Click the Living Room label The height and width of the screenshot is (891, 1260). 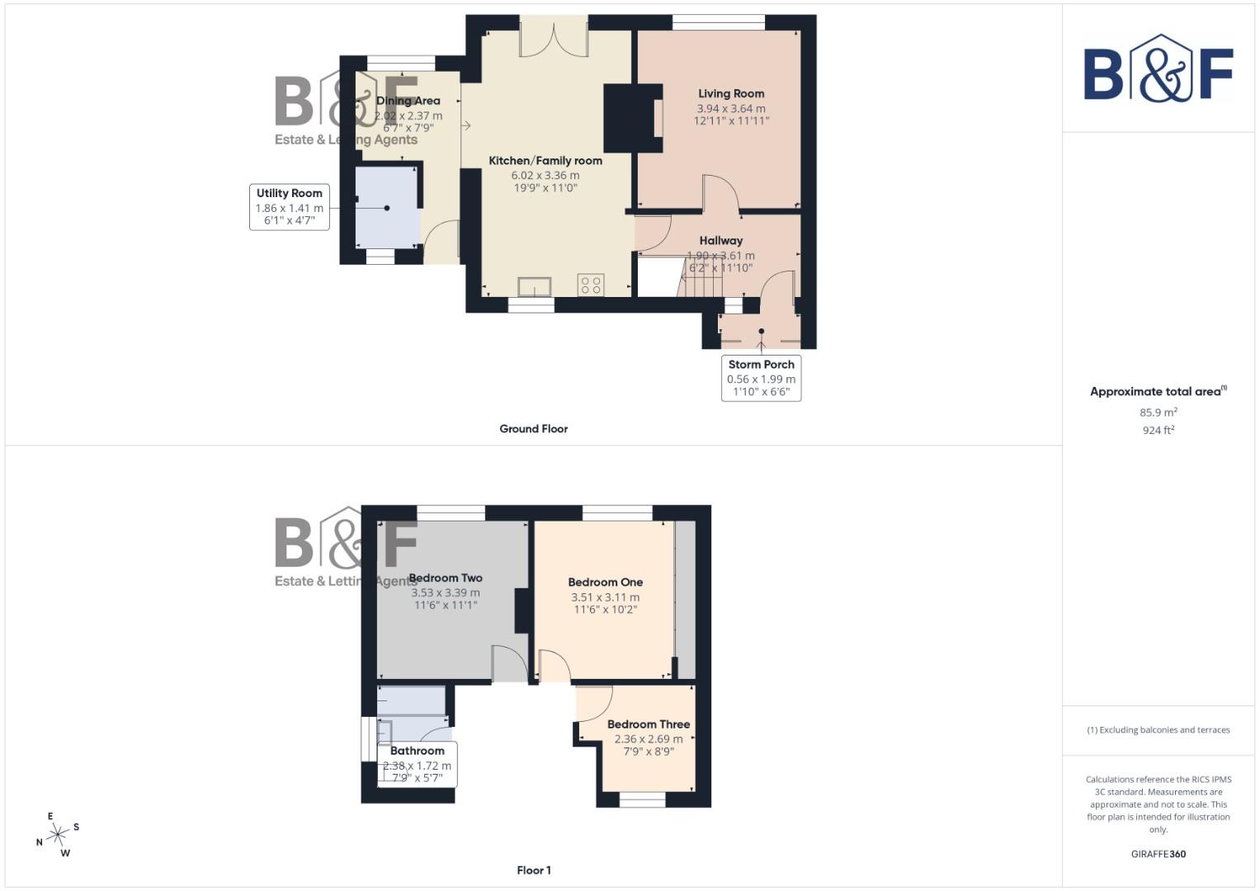pos(731,94)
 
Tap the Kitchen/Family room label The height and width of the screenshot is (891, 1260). pos(545,161)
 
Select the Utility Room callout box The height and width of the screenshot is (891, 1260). pos(290,207)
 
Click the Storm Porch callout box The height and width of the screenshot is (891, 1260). pos(761,378)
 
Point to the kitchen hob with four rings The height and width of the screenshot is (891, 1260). pos(591,285)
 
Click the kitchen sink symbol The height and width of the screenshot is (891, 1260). pos(535,286)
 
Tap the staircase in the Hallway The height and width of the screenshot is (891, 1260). pos(701,278)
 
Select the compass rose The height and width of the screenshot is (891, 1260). pos(57,835)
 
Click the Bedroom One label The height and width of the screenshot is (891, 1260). pos(605,582)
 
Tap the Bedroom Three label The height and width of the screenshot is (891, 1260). pos(649,724)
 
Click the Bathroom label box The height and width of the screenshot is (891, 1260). pos(418,764)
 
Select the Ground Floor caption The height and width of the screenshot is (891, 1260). pos(533,429)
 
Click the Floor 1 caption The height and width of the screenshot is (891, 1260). pos(533,870)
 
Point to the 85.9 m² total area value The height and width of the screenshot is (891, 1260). pos(1159,412)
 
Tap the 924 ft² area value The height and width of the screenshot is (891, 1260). pos(1159,431)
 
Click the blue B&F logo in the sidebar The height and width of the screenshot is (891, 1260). pos(1159,70)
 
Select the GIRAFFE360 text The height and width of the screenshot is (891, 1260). pos(1159,854)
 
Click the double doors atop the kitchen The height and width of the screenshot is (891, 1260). pos(554,37)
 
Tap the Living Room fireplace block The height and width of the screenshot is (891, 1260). pos(633,118)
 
